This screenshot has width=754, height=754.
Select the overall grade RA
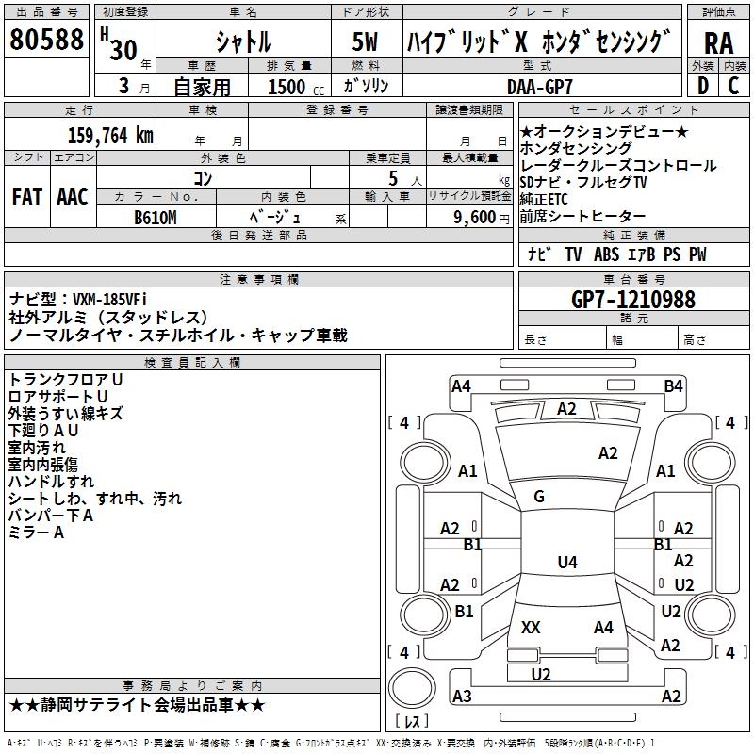pyautogui.click(x=718, y=42)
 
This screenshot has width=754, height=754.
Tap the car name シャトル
pyautogui.click(x=243, y=42)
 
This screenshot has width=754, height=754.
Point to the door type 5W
pyautogui.click(x=365, y=42)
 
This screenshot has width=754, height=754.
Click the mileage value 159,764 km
pyautogui.click(x=110, y=135)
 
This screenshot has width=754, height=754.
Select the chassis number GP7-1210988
pyautogui.click(x=633, y=300)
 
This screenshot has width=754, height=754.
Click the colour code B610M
pyautogui.click(x=156, y=217)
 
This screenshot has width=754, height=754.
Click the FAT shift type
pyautogui.click(x=27, y=197)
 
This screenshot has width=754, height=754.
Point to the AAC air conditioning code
pyautogui.click(x=73, y=197)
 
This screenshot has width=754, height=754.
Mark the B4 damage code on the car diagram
pyautogui.click(x=673, y=385)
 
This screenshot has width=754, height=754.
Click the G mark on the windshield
pyautogui.click(x=539, y=497)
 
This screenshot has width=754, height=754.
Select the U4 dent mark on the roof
pyautogui.click(x=566, y=563)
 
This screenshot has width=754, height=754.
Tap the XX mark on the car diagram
pyautogui.click(x=531, y=627)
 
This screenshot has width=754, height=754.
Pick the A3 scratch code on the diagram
pyautogui.click(x=462, y=697)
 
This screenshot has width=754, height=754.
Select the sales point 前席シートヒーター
pyautogui.click(x=582, y=217)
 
